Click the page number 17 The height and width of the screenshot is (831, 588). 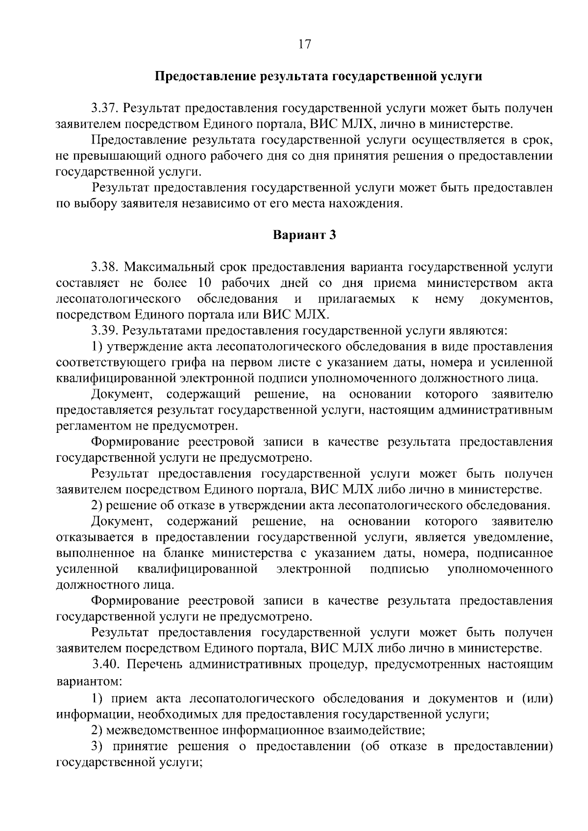[304, 44]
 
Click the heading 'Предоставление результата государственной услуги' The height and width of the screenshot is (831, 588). [318, 76]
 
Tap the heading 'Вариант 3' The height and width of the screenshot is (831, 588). [304, 235]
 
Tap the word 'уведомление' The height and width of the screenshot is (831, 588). [513, 537]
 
